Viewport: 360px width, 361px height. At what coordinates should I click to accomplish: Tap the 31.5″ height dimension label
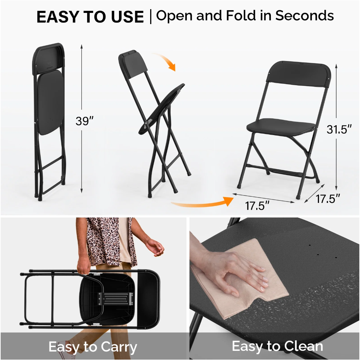click(x=339, y=129)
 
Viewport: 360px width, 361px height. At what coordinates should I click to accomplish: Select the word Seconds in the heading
click(x=304, y=16)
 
